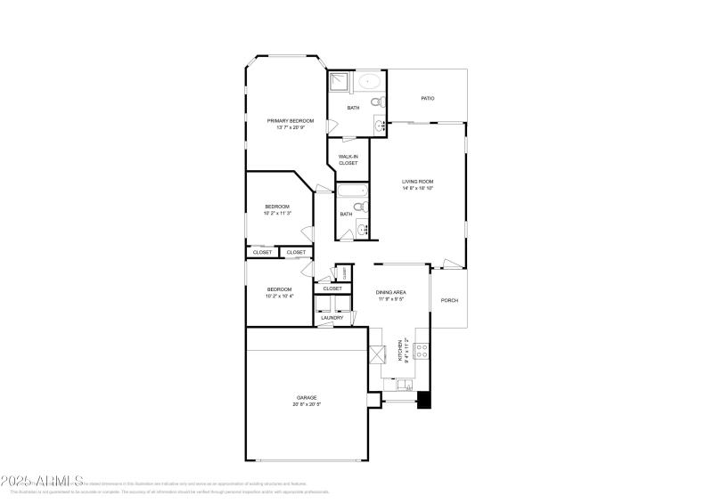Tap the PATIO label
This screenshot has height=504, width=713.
point(428,98)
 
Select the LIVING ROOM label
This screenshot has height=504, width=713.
point(417,181)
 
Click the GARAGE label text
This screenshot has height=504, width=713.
point(307,397)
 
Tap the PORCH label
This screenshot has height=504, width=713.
point(450,300)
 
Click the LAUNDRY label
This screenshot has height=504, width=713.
point(332,317)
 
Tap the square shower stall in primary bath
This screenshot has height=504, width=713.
point(339,84)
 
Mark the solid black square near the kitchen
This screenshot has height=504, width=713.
point(425,401)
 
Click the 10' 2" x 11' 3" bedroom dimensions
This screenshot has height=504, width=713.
point(278,213)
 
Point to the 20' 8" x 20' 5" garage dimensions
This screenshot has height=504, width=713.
point(307,404)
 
